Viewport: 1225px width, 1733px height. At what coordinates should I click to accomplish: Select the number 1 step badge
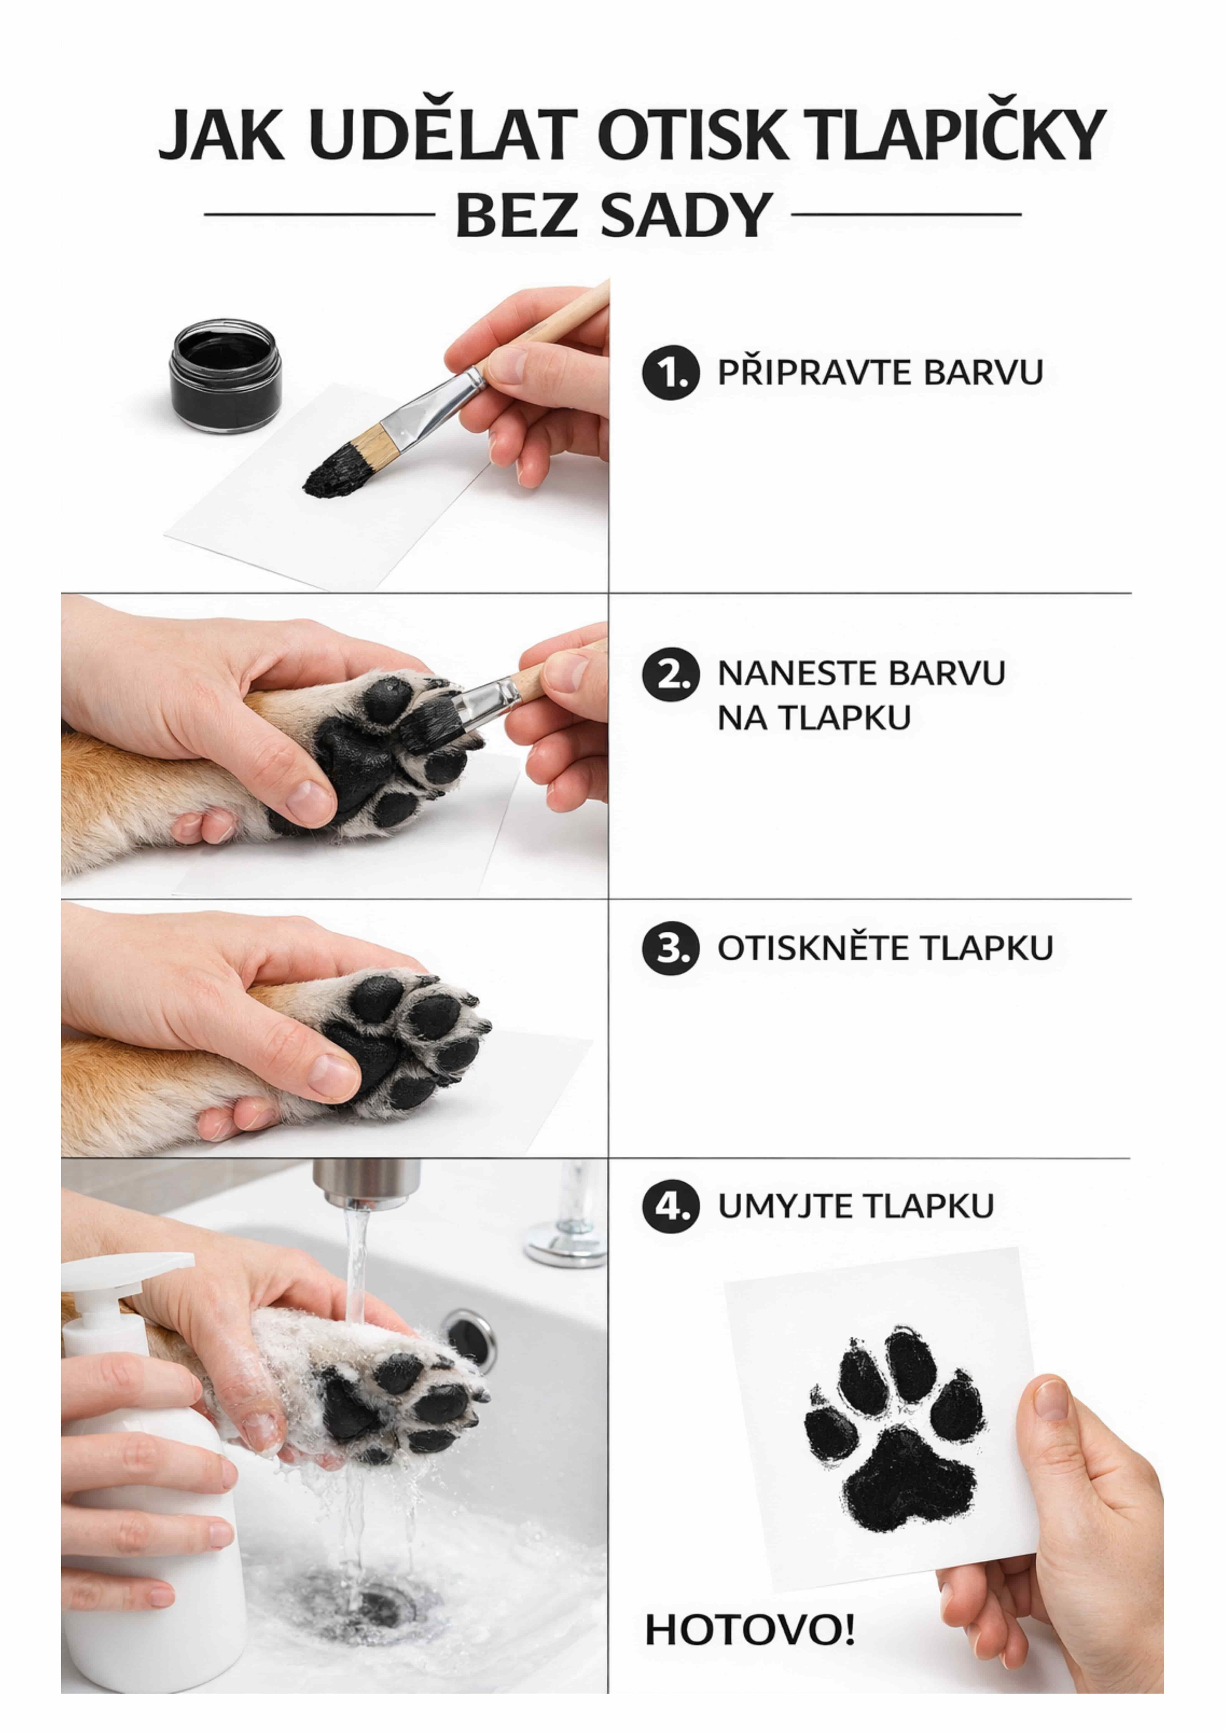click(x=666, y=373)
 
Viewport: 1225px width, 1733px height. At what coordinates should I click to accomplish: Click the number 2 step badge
click(x=666, y=674)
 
